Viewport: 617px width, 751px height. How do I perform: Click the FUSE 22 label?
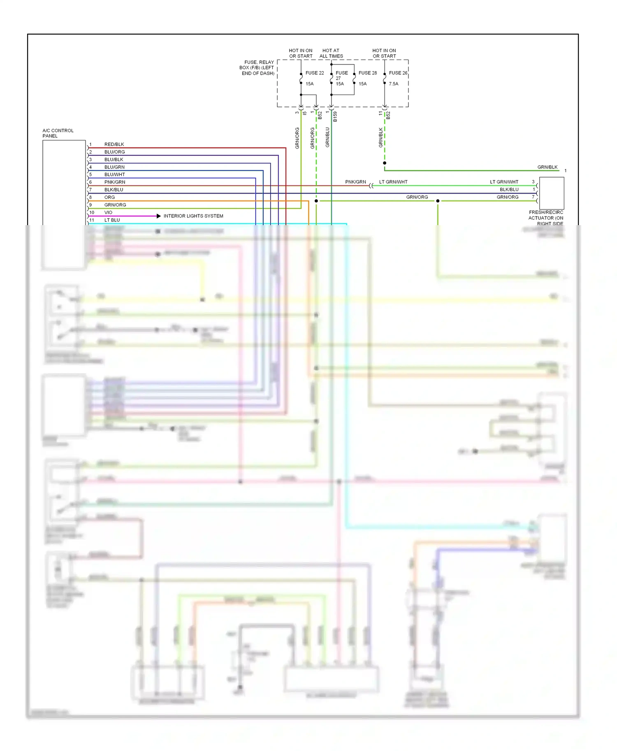pyautogui.click(x=314, y=73)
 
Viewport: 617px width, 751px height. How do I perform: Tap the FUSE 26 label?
pyautogui.click(x=398, y=73)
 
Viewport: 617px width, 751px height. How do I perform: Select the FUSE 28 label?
pyautogui.click(x=367, y=73)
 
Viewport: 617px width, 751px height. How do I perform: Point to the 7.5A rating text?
pyautogui.click(x=393, y=84)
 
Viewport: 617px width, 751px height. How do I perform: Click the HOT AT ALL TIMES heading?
pyautogui.click(x=331, y=53)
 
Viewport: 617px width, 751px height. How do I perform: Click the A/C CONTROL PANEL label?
pyautogui.click(x=58, y=133)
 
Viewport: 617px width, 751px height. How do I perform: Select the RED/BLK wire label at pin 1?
pyautogui.click(x=114, y=144)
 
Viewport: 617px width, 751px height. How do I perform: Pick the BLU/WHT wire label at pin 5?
pyautogui.click(x=114, y=175)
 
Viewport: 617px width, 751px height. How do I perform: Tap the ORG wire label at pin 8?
pyautogui.click(x=109, y=197)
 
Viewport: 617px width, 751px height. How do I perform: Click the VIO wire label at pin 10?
pyautogui.click(x=108, y=212)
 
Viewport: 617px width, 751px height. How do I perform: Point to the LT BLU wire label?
pyautogui.click(x=112, y=220)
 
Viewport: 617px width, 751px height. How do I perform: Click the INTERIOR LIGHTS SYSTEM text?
pyautogui.click(x=193, y=216)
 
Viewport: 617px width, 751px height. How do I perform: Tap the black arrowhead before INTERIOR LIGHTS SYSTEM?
pyautogui.click(x=158, y=216)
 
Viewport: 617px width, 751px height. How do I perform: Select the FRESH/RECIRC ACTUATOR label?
pyautogui.click(x=546, y=218)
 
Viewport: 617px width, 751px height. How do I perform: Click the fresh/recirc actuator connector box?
pyautogui.click(x=551, y=193)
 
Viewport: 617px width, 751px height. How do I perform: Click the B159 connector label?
pyautogui.click(x=335, y=117)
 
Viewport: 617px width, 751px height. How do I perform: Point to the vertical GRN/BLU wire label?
pyautogui.click(x=327, y=137)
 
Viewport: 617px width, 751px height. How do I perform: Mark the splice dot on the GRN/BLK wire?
pyautogui.click(x=385, y=163)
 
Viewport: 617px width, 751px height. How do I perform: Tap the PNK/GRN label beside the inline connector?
pyautogui.click(x=355, y=182)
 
